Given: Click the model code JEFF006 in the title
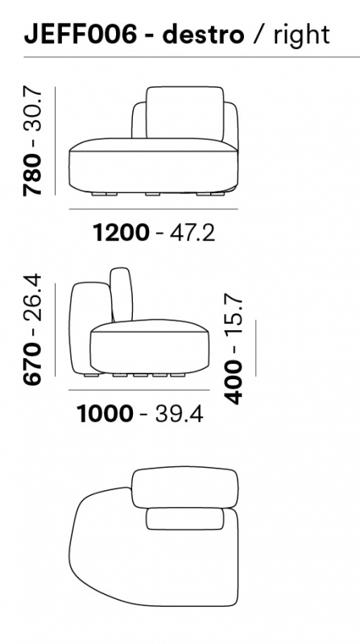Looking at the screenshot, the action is click(81, 34).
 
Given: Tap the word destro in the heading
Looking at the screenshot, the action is click(204, 34).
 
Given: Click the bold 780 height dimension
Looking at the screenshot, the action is click(33, 174).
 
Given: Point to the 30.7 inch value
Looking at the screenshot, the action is click(33, 109).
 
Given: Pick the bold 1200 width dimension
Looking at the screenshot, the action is click(122, 232).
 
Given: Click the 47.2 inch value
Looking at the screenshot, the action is click(192, 232).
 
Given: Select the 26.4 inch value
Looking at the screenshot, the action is click(33, 296).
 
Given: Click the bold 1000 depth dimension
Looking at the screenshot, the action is click(106, 414).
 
